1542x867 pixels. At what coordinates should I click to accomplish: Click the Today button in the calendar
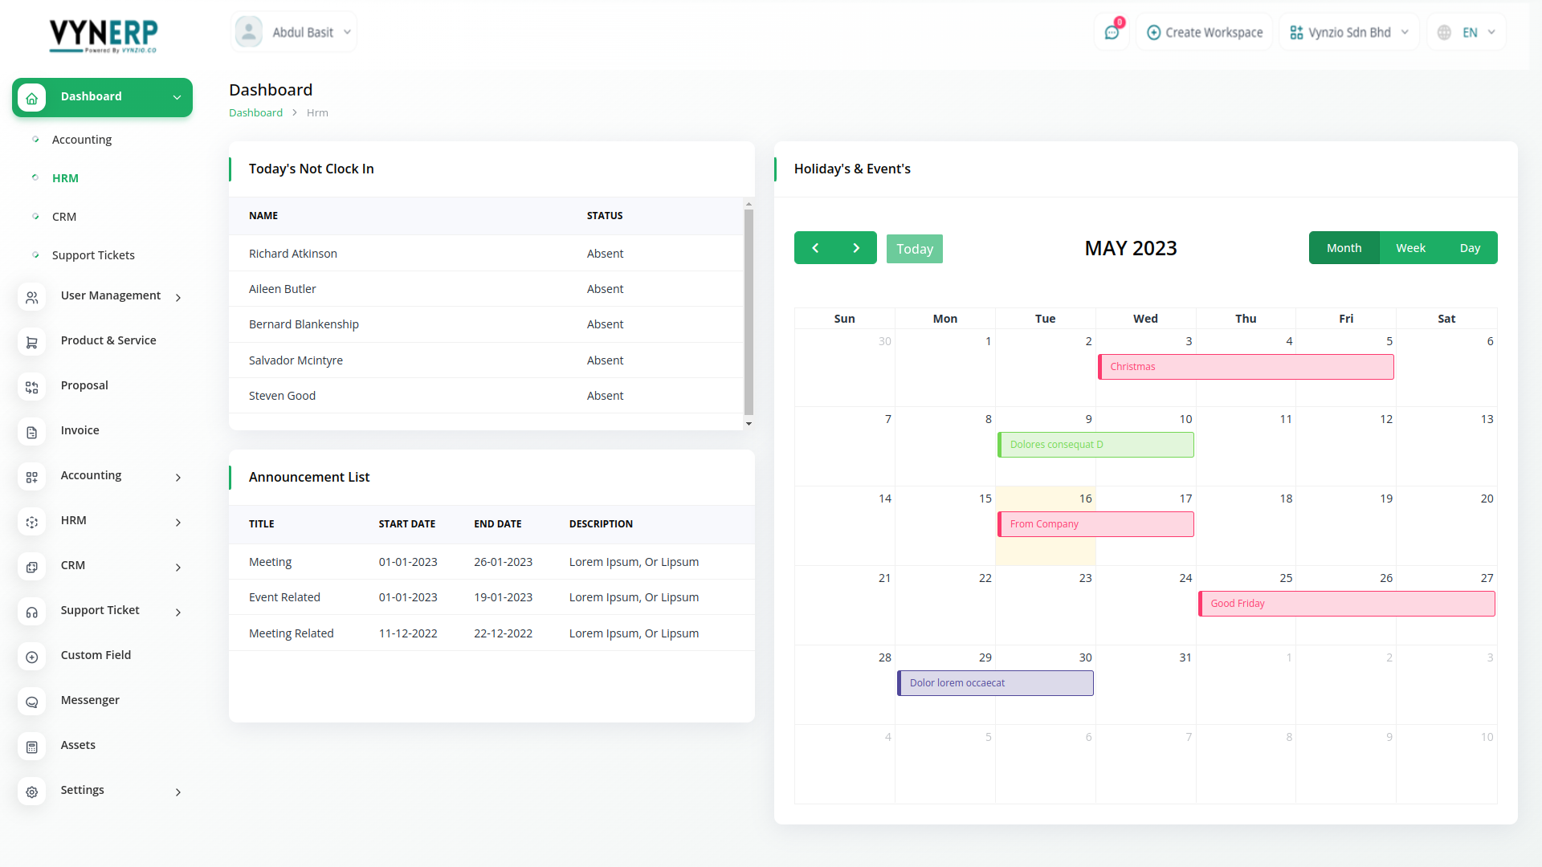tap(914, 249)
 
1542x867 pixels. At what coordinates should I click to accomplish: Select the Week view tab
tap(1410, 248)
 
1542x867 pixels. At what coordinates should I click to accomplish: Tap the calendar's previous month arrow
tap(815, 248)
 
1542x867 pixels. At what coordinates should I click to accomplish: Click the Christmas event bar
tap(1246, 367)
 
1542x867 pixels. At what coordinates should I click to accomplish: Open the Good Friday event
tap(1346, 604)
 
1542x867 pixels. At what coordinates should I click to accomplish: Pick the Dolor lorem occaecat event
tap(995, 683)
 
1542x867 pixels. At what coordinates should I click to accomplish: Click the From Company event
tap(1095, 524)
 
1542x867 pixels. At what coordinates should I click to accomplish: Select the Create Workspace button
tap(1205, 32)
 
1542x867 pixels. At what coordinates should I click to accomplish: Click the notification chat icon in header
tap(1112, 32)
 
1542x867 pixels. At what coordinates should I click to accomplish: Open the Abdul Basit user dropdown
tap(294, 32)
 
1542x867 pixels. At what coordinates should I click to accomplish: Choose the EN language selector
tap(1467, 32)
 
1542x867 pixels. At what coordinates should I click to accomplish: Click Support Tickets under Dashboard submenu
tap(93, 255)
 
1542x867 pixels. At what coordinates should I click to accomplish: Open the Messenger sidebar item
tap(90, 700)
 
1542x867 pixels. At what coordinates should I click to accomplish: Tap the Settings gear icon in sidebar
tap(32, 792)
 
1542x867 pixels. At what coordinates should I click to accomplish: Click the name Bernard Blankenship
tap(304, 324)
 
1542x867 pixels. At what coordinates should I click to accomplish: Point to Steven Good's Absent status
tap(605, 396)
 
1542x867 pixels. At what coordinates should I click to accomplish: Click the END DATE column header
tap(497, 524)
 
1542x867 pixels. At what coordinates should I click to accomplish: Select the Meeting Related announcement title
tap(291, 633)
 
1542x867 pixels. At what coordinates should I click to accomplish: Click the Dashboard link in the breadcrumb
tap(255, 113)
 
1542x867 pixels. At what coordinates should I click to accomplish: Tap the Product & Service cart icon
tap(32, 342)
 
